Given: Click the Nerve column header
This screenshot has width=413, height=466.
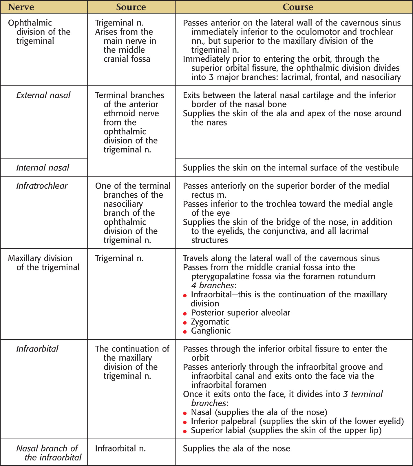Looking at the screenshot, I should tap(21, 7).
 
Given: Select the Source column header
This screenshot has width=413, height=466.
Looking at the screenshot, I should tap(131, 7).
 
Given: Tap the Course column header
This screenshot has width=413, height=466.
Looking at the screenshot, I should tap(298, 7).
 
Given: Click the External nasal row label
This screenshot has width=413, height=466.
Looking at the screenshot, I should tap(43, 95).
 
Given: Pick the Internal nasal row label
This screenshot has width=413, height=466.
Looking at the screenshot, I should tap(43, 168).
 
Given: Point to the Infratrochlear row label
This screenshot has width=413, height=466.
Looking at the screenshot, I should tap(42, 186).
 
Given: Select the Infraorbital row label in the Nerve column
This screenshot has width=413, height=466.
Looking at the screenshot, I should tap(37, 349).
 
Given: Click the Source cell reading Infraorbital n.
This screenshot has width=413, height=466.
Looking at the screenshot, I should tap(120, 448).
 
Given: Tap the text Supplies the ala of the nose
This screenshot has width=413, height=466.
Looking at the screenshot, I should tap(236, 448).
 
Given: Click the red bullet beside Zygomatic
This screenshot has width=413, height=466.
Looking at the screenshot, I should tap(185, 323).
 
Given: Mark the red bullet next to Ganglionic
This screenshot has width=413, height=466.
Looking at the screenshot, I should tap(185, 332).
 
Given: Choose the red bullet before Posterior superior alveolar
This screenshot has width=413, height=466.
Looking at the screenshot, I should tap(185, 314).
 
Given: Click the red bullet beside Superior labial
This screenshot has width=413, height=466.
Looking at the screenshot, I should tap(185, 431).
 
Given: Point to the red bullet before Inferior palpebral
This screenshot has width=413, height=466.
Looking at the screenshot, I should tap(185, 422).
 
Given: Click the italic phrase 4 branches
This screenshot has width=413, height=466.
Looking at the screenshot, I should tap(213, 285).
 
